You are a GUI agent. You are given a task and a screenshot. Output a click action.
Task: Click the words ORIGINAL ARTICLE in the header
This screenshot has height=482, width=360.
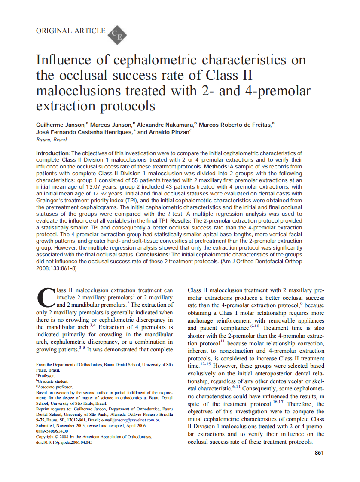click(x=70, y=31)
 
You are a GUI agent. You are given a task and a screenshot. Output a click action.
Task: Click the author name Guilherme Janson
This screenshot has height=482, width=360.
click(x=61, y=125)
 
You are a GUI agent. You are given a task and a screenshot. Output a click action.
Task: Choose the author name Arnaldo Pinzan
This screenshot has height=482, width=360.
click(x=169, y=132)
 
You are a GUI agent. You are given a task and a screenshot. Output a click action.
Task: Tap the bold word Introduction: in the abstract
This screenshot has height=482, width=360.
click(x=52, y=153)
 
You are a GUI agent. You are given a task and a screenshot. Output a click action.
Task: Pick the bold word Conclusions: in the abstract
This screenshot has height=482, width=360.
click(x=156, y=255)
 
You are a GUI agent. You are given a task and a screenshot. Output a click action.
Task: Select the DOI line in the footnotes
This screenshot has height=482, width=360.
click(x=64, y=442)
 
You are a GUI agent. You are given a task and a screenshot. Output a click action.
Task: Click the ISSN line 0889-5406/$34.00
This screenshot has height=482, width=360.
click(x=52, y=431)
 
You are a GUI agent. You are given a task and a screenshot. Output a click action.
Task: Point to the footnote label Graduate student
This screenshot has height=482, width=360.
click(x=53, y=381)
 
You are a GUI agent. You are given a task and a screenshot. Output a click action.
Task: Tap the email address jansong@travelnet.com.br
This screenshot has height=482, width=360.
click(x=136, y=420)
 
